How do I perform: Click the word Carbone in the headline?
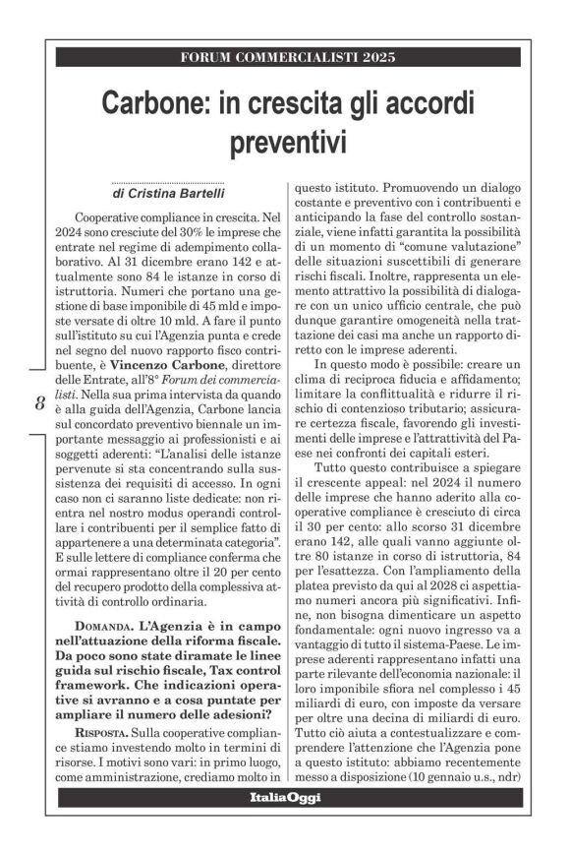(163, 101)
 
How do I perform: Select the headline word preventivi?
(283, 141)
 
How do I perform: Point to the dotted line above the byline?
(168, 182)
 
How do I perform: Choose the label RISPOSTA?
(105, 733)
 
